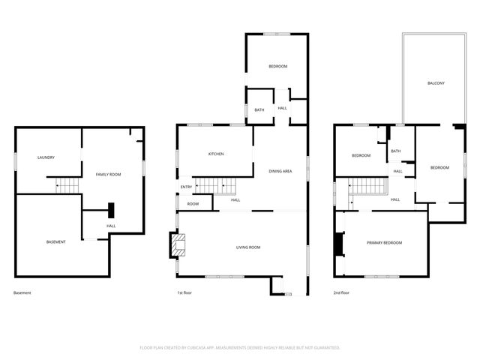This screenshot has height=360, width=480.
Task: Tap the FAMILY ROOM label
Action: coord(108,174)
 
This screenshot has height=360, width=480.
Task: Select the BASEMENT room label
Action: coord(56,241)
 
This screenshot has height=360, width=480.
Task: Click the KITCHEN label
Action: coord(216,154)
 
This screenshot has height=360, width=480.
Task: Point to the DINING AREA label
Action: coord(280,172)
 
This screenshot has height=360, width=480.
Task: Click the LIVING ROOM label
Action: coord(248,247)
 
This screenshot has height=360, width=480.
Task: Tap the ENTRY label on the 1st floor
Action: coord(186,187)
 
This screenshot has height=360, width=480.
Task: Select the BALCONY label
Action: coord(436,82)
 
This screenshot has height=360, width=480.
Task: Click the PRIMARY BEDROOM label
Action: coord(384,243)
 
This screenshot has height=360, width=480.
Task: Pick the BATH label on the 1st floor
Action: coord(259,110)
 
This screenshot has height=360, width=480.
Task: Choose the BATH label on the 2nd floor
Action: coord(395,151)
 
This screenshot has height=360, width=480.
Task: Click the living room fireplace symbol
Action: coord(176,244)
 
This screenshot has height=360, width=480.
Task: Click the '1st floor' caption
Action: coord(184,292)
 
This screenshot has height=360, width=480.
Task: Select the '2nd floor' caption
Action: coord(341,292)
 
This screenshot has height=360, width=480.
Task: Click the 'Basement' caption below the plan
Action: coord(22,292)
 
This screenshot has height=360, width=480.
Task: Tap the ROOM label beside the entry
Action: coord(193,203)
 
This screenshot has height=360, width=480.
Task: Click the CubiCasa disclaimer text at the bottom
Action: coord(240,347)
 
